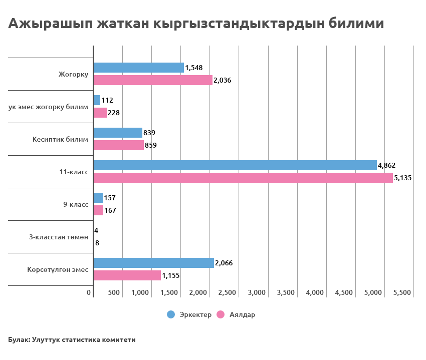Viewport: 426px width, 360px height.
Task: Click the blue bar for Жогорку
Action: (138, 68)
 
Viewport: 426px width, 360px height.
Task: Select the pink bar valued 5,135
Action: (243, 178)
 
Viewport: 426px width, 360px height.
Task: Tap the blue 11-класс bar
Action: (235, 165)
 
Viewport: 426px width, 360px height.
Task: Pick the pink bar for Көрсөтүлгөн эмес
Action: (127, 275)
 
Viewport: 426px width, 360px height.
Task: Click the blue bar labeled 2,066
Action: (153, 263)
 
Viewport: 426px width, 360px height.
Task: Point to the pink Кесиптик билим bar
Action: (118, 145)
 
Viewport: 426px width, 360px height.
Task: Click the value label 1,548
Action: (193, 68)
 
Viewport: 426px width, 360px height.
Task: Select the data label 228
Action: (114, 113)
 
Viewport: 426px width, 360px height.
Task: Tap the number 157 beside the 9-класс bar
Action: (110, 198)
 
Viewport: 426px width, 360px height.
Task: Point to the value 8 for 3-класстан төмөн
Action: (97, 243)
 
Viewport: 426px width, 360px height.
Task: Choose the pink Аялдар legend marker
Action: (220, 314)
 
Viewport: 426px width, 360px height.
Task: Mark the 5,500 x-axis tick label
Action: (401, 292)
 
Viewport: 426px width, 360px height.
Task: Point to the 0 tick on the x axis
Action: (89, 292)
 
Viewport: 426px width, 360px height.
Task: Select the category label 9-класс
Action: (76, 204)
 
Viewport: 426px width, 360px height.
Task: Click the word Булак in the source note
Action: (18, 339)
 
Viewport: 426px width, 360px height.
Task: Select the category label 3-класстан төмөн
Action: (59, 237)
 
